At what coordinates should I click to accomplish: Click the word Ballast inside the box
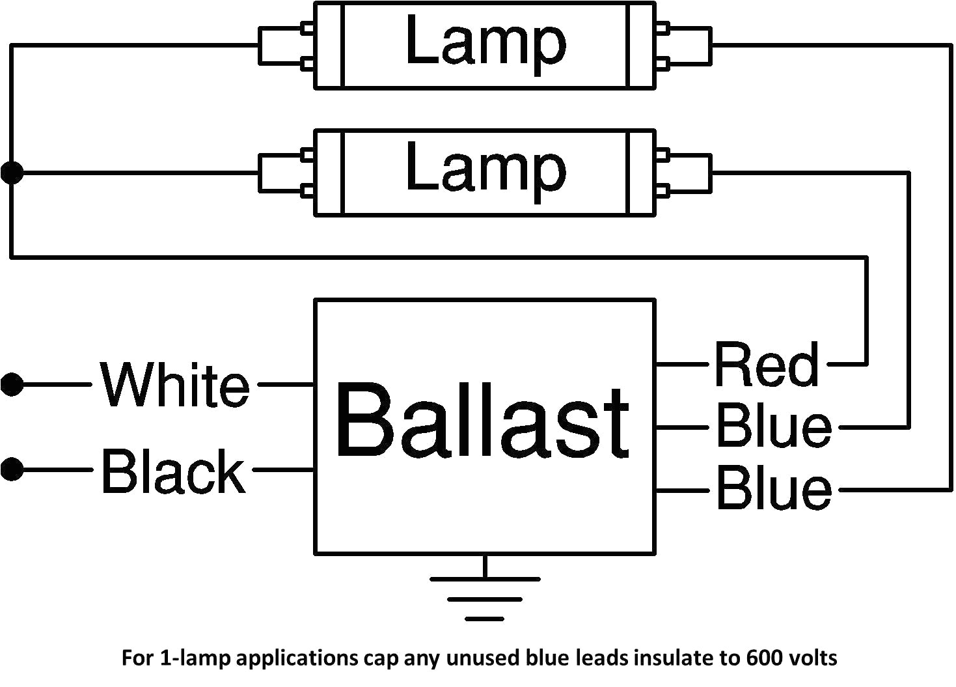(x=482, y=422)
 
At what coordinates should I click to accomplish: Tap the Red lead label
(x=766, y=365)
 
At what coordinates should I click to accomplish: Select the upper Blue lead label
(x=773, y=427)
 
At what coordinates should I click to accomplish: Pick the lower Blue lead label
(x=773, y=489)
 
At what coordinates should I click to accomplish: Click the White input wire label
(x=174, y=384)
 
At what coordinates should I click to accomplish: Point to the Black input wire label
(x=173, y=470)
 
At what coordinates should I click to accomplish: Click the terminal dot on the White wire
(x=12, y=384)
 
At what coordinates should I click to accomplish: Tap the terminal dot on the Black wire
(x=12, y=470)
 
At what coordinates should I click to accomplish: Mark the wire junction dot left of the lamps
(x=12, y=173)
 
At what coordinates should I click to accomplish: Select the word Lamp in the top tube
(x=485, y=42)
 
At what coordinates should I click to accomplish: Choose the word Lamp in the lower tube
(x=485, y=169)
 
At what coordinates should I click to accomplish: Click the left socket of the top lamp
(x=286, y=46)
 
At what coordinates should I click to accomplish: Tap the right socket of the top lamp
(x=685, y=46)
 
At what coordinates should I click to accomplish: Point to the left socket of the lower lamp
(x=286, y=173)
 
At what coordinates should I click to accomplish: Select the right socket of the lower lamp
(x=685, y=173)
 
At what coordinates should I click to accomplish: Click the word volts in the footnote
(x=812, y=658)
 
